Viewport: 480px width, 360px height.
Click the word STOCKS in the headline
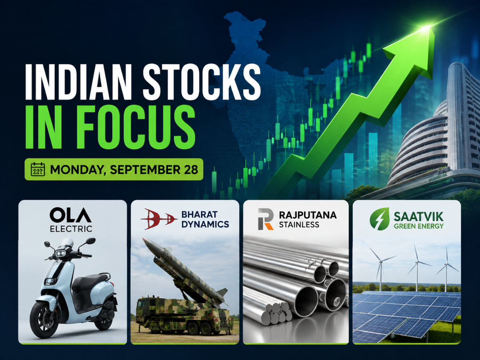201,82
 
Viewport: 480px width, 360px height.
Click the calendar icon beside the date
38,169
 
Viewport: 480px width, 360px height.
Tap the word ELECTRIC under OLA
71,229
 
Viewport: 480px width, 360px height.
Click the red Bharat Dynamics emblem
159,218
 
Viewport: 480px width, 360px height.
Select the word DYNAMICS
205,224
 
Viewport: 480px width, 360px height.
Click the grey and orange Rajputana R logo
266,219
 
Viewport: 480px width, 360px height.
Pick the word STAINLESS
299,224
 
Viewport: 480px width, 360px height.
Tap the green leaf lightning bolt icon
380,219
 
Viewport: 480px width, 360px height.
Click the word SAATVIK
418,217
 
